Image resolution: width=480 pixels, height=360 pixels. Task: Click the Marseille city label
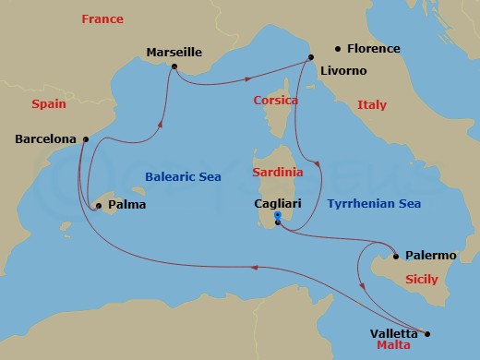[x=174, y=53]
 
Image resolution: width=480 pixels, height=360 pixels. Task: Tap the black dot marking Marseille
[x=172, y=67]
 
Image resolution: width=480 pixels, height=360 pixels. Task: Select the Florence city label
[x=373, y=48]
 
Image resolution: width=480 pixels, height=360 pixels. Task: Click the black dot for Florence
[x=338, y=48]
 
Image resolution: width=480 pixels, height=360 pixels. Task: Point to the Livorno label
[x=342, y=70]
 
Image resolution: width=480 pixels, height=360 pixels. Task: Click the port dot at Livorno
[x=310, y=58]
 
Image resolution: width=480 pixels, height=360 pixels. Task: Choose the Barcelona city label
[x=46, y=140]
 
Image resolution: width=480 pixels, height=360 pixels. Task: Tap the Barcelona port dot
[x=85, y=139]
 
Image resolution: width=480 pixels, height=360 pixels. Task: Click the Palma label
[x=126, y=205]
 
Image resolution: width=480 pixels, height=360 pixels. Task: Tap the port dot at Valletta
[x=427, y=333]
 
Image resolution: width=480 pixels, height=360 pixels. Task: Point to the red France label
[x=102, y=18]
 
